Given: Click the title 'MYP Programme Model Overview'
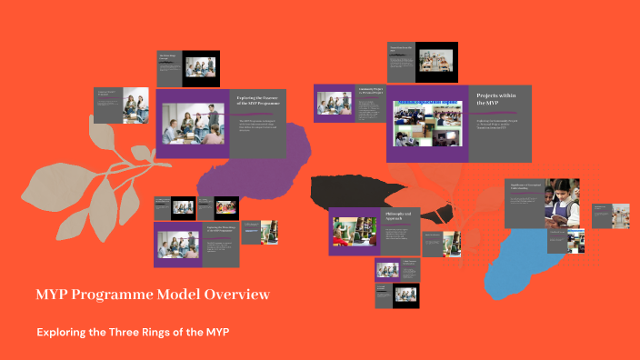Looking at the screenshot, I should click(x=152, y=295).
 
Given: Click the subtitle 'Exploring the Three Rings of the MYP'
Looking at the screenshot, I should click(x=133, y=332).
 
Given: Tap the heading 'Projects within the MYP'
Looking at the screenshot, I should click(x=496, y=99).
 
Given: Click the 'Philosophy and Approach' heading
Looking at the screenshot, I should click(x=398, y=215).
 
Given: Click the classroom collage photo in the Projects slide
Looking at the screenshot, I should click(x=426, y=124).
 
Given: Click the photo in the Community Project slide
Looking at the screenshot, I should click(x=334, y=104).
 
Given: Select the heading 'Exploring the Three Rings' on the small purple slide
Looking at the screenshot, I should click(x=220, y=229).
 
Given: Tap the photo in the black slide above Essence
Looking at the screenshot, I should click(x=202, y=67).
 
